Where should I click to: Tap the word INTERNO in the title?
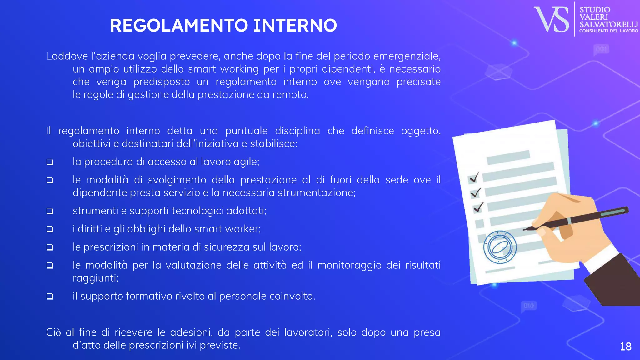[x=295, y=26]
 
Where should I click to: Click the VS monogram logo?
[x=552, y=19]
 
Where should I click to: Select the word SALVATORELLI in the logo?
[x=608, y=24]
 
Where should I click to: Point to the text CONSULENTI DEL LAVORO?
[x=608, y=31]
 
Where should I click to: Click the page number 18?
[x=626, y=347]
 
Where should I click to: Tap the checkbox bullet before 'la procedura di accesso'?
[x=50, y=162]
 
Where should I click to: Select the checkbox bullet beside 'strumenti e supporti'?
[x=50, y=211]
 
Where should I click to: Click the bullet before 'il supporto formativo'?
[x=50, y=296]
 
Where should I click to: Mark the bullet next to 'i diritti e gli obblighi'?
[x=50, y=229]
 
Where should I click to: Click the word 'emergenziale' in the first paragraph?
[x=407, y=56]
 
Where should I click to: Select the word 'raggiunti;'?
[x=96, y=278]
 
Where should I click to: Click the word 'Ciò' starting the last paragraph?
[x=53, y=332]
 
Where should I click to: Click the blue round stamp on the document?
[x=500, y=247]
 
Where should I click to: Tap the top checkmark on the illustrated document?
[x=474, y=177]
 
